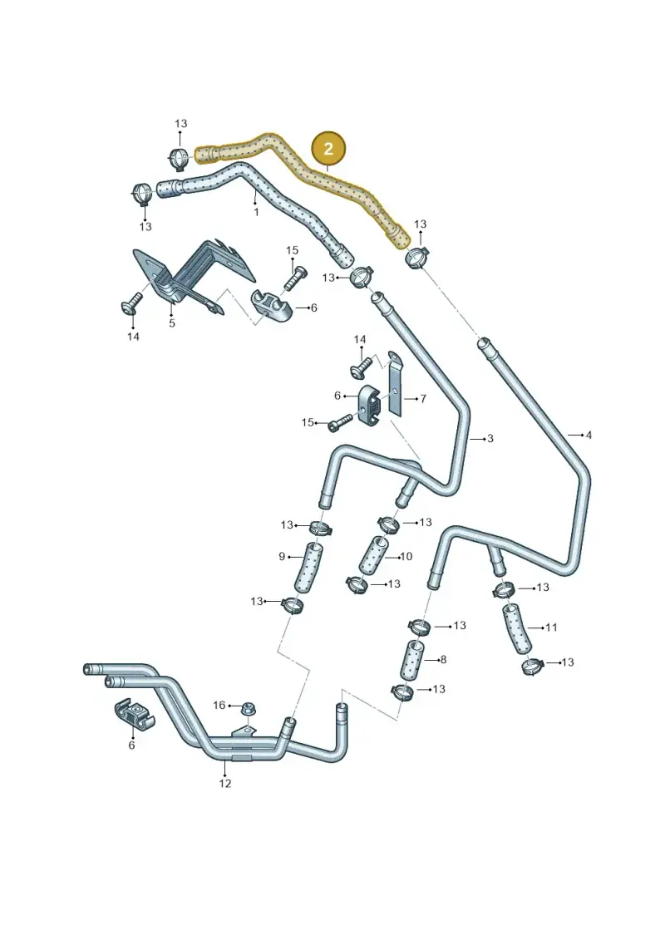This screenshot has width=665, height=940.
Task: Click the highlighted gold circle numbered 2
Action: pyautogui.click(x=328, y=149)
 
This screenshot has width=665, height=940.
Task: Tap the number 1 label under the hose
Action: pyautogui.click(x=256, y=212)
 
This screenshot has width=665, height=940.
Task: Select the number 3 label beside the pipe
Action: pyautogui.click(x=490, y=438)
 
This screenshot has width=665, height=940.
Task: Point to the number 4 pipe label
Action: pyautogui.click(x=589, y=435)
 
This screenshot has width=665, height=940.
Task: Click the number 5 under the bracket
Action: pyautogui.click(x=172, y=323)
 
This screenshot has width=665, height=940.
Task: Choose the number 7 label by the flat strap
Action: pyautogui.click(x=423, y=398)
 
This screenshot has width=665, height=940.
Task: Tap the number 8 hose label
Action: pyautogui.click(x=443, y=659)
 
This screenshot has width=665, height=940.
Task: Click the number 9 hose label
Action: pyautogui.click(x=282, y=556)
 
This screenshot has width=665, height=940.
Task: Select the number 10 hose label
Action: pyautogui.click(x=406, y=556)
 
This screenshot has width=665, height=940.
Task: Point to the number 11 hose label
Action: pyautogui.click(x=551, y=627)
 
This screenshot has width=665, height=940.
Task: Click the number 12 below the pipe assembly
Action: pyautogui.click(x=225, y=783)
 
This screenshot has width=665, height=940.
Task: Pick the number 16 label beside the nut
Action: pyautogui.click(x=219, y=705)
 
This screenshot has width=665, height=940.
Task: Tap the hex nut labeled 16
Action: pyautogui.click(x=247, y=709)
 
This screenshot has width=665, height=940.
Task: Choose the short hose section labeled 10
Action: pyautogui.click(x=373, y=556)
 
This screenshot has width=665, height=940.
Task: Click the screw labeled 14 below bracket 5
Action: pyautogui.click(x=131, y=303)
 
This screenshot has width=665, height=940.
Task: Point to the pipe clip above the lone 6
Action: pyautogui.click(x=135, y=713)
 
